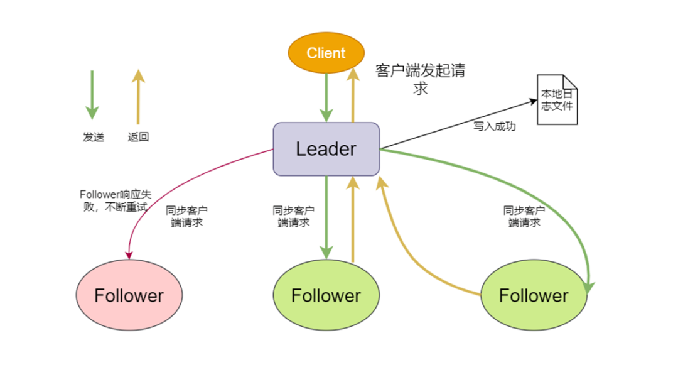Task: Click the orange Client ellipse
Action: point(326,53)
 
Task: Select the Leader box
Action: point(326,149)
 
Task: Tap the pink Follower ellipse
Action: point(129,295)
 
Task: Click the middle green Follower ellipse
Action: point(326,295)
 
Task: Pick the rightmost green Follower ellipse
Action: point(534,295)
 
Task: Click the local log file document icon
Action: point(557,100)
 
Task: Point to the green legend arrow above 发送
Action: point(92,94)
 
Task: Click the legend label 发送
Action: point(93,137)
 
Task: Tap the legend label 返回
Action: point(138,137)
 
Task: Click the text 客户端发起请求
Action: point(420,79)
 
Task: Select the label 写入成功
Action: point(495,126)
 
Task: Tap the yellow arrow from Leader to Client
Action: point(353,94)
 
